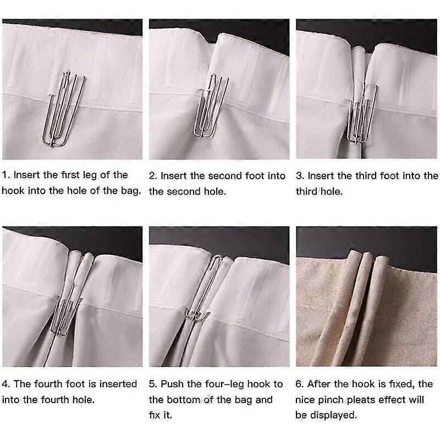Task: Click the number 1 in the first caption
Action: (x=5, y=175)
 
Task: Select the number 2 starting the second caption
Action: (x=152, y=176)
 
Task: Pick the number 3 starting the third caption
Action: (x=299, y=176)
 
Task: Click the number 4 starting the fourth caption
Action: (x=5, y=384)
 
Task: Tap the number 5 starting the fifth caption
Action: (x=152, y=384)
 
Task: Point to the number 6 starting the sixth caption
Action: (x=299, y=384)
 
